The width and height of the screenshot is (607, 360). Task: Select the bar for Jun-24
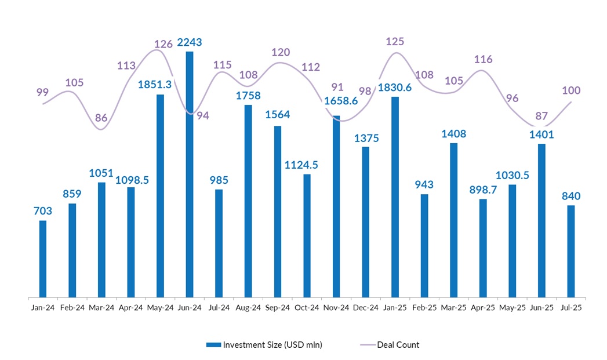pyautogui.click(x=190, y=174)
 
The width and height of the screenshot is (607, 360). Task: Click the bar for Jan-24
pyautogui.click(x=43, y=259)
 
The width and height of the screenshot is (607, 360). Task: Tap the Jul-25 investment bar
pyautogui.click(x=571, y=251)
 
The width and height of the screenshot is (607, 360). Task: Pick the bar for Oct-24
pyautogui.click(x=307, y=235)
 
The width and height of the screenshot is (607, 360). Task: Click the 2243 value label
pyautogui.click(x=190, y=42)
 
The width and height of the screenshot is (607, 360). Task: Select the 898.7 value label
pyautogui.click(x=483, y=189)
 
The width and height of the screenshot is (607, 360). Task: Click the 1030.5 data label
pyautogui.click(x=512, y=175)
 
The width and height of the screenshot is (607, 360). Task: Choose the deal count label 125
pyautogui.click(x=397, y=42)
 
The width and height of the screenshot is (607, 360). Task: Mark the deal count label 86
pyautogui.click(x=101, y=118)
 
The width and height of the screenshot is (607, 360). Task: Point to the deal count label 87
pyautogui.click(x=541, y=115)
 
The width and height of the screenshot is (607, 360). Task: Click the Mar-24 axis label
pyautogui.click(x=101, y=307)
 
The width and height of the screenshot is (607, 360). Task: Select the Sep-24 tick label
pyautogui.click(x=278, y=307)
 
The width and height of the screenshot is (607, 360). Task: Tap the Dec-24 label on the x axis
pyautogui.click(x=366, y=307)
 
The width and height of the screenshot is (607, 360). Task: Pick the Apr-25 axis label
pyautogui.click(x=483, y=307)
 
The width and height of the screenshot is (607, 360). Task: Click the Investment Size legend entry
pyautogui.click(x=264, y=345)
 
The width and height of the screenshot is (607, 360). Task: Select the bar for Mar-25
pyautogui.click(x=453, y=220)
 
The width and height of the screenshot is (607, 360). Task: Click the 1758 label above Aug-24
pyautogui.click(x=248, y=95)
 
